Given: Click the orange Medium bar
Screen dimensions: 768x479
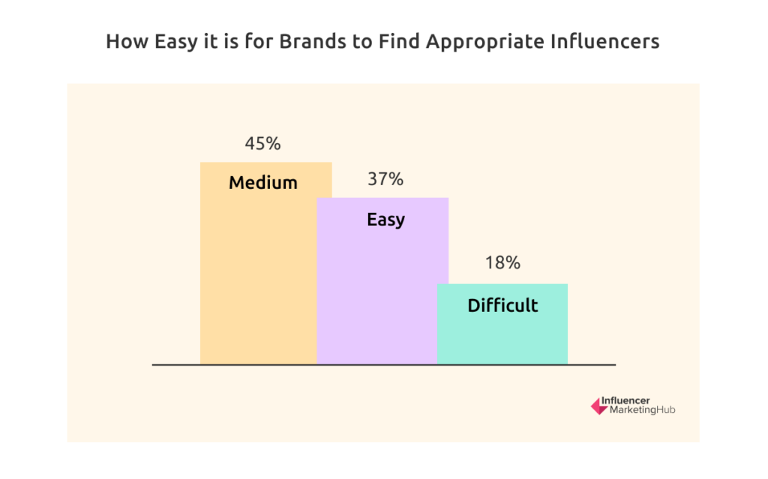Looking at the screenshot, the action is [x=259, y=263].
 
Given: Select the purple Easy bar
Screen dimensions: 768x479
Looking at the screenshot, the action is [x=382, y=281].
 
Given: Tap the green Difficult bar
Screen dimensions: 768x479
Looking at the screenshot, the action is [x=502, y=325].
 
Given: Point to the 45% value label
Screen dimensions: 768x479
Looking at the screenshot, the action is [x=263, y=143].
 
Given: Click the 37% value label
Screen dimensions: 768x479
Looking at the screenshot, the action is [x=385, y=179].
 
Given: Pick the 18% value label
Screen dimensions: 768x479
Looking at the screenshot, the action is [x=502, y=263].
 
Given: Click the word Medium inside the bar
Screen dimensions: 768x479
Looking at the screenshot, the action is [x=263, y=183].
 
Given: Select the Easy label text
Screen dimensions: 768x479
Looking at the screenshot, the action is [x=386, y=220].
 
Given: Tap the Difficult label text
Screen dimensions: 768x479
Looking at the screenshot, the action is [x=502, y=305].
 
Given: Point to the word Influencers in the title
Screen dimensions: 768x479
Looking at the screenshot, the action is [x=605, y=41].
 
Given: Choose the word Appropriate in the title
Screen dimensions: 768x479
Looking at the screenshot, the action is [x=485, y=42].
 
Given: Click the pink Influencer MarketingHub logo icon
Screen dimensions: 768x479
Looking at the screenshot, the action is [x=599, y=406].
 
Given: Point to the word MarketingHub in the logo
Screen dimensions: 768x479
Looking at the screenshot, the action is [x=642, y=410].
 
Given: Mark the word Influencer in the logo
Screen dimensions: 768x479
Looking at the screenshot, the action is [x=625, y=400].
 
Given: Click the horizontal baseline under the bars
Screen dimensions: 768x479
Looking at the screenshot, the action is [x=384, y=365].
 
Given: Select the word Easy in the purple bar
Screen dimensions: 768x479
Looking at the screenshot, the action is [x=386, y=220].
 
